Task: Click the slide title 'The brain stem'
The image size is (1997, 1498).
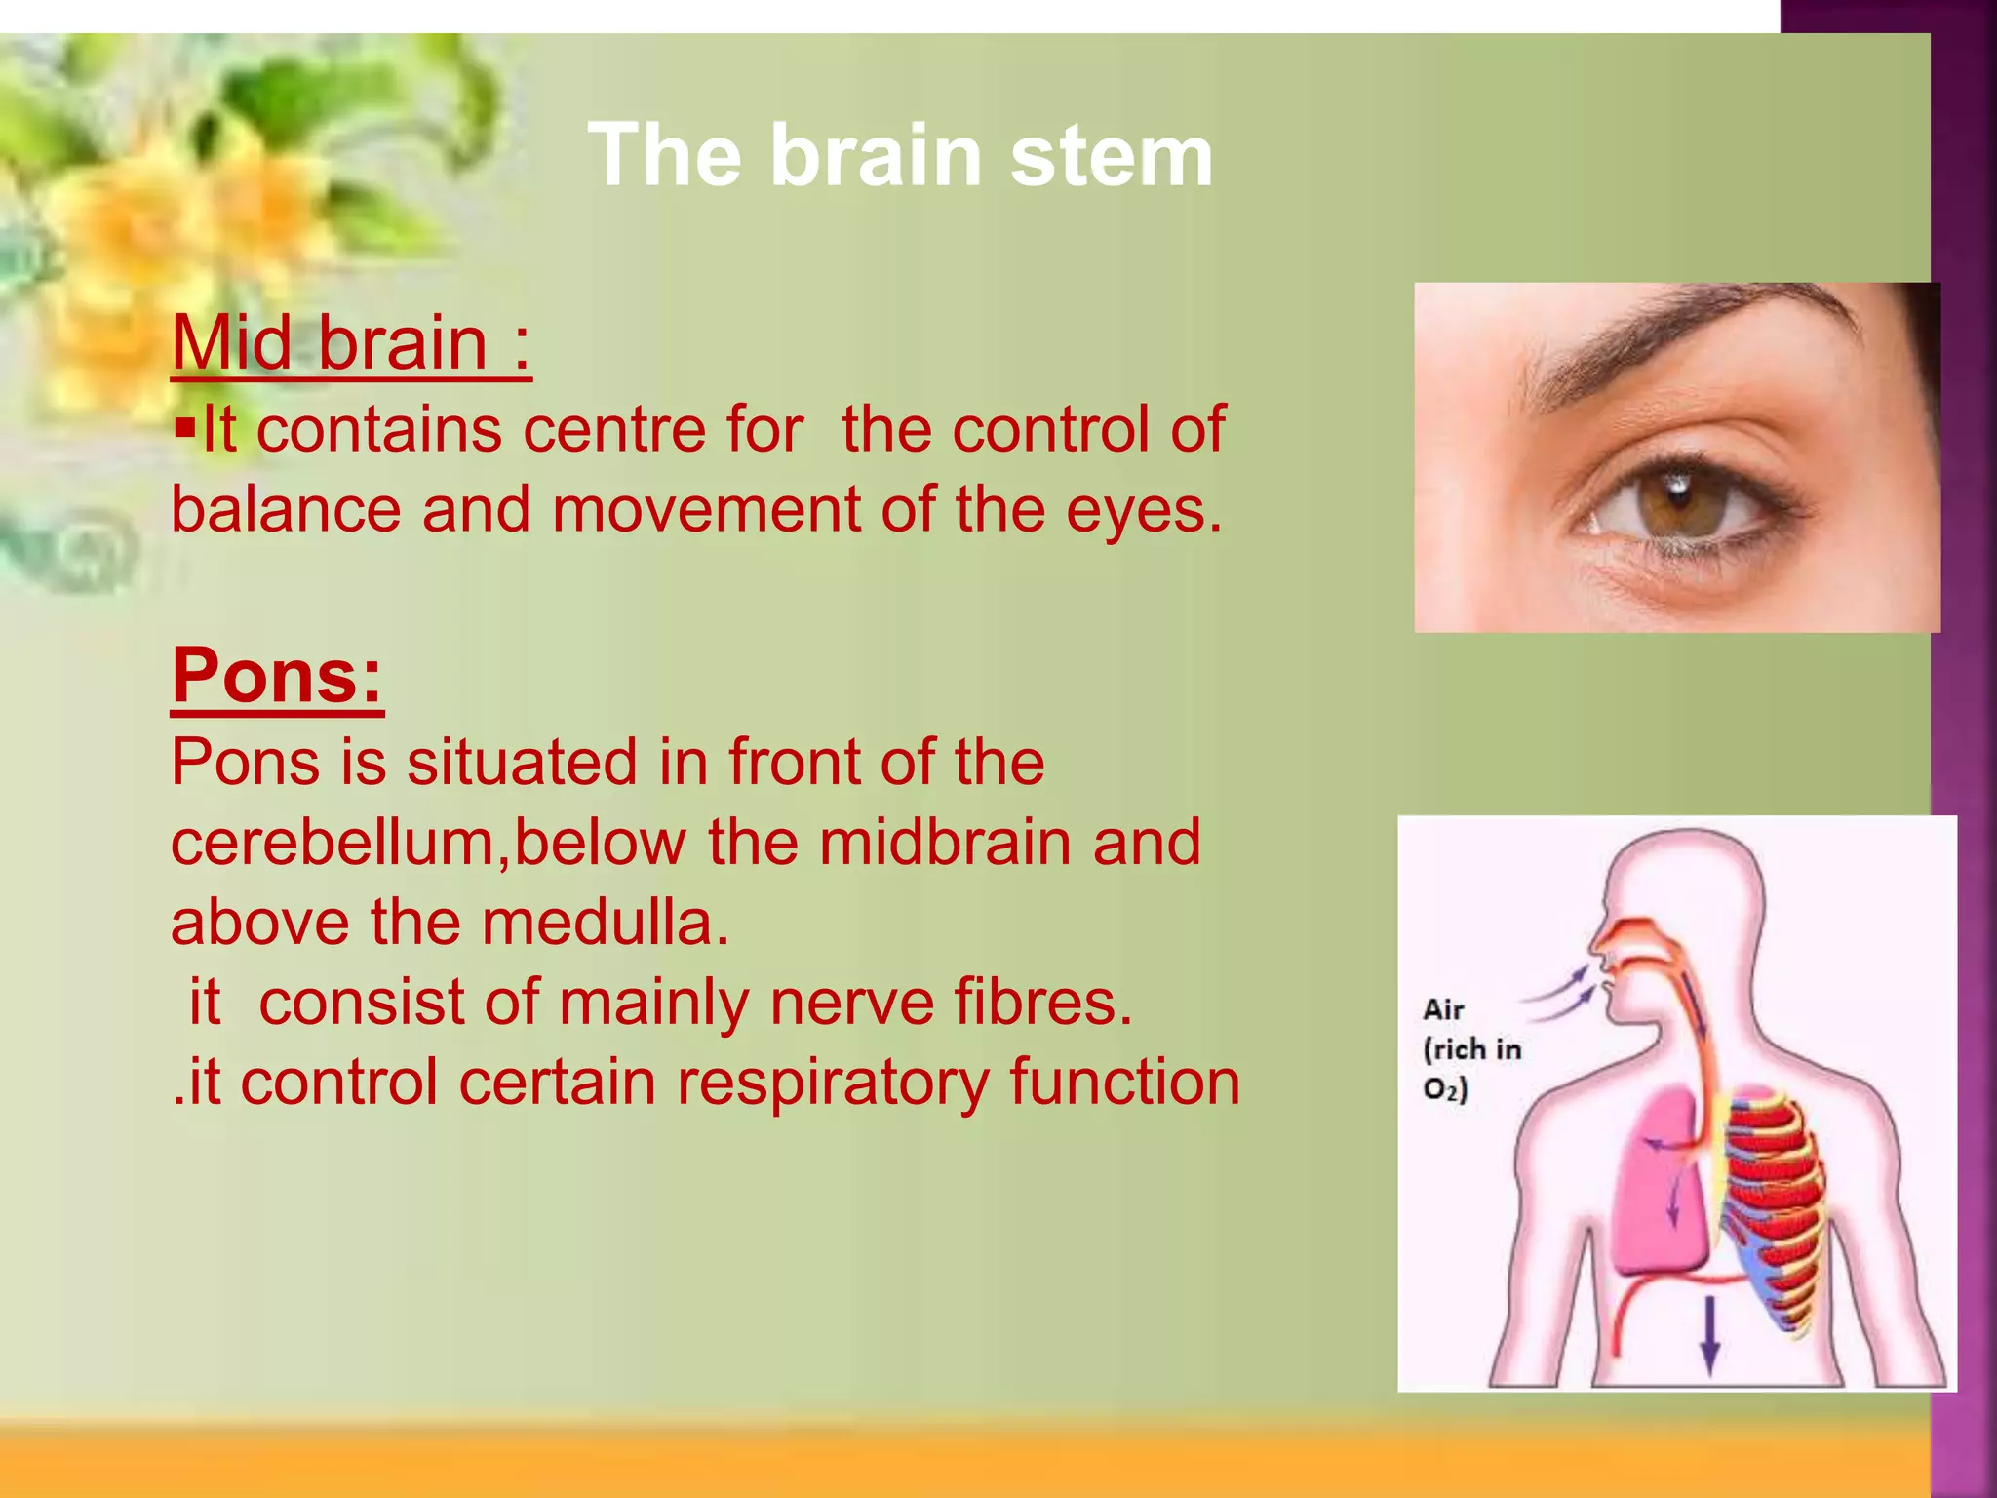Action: pos(900,156)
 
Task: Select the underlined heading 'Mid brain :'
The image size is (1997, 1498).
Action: pos(351,343)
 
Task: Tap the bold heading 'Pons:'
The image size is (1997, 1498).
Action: pos(278,675)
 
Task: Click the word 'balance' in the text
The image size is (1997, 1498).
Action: pos(286,510)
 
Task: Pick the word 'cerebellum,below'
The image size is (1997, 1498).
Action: pos(427,843)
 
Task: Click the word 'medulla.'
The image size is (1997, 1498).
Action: pos(605,923)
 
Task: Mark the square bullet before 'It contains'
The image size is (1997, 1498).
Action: pos(185,427)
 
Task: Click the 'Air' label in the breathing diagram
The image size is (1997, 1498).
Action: pos(1443,1009)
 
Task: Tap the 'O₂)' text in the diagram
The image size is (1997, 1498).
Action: pos(1445,1089)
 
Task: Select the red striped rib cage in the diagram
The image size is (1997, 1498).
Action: pos(1770,1209)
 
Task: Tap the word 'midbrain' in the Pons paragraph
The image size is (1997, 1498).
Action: pos(946,843)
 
